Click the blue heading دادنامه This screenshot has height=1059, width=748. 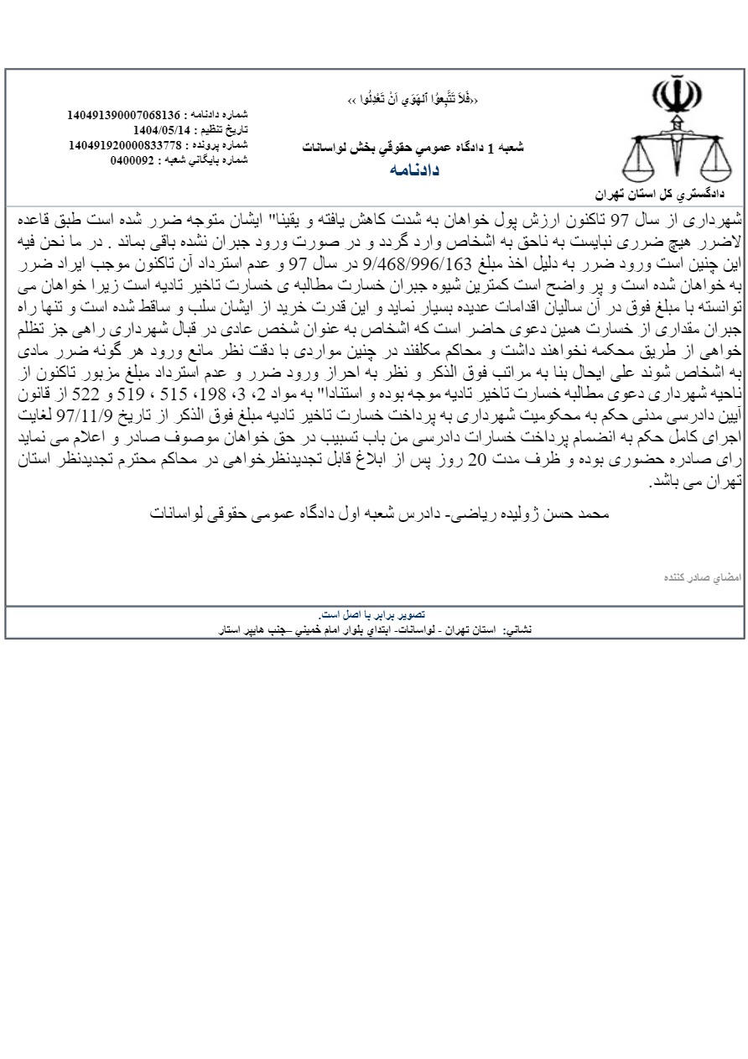coord(414,170)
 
